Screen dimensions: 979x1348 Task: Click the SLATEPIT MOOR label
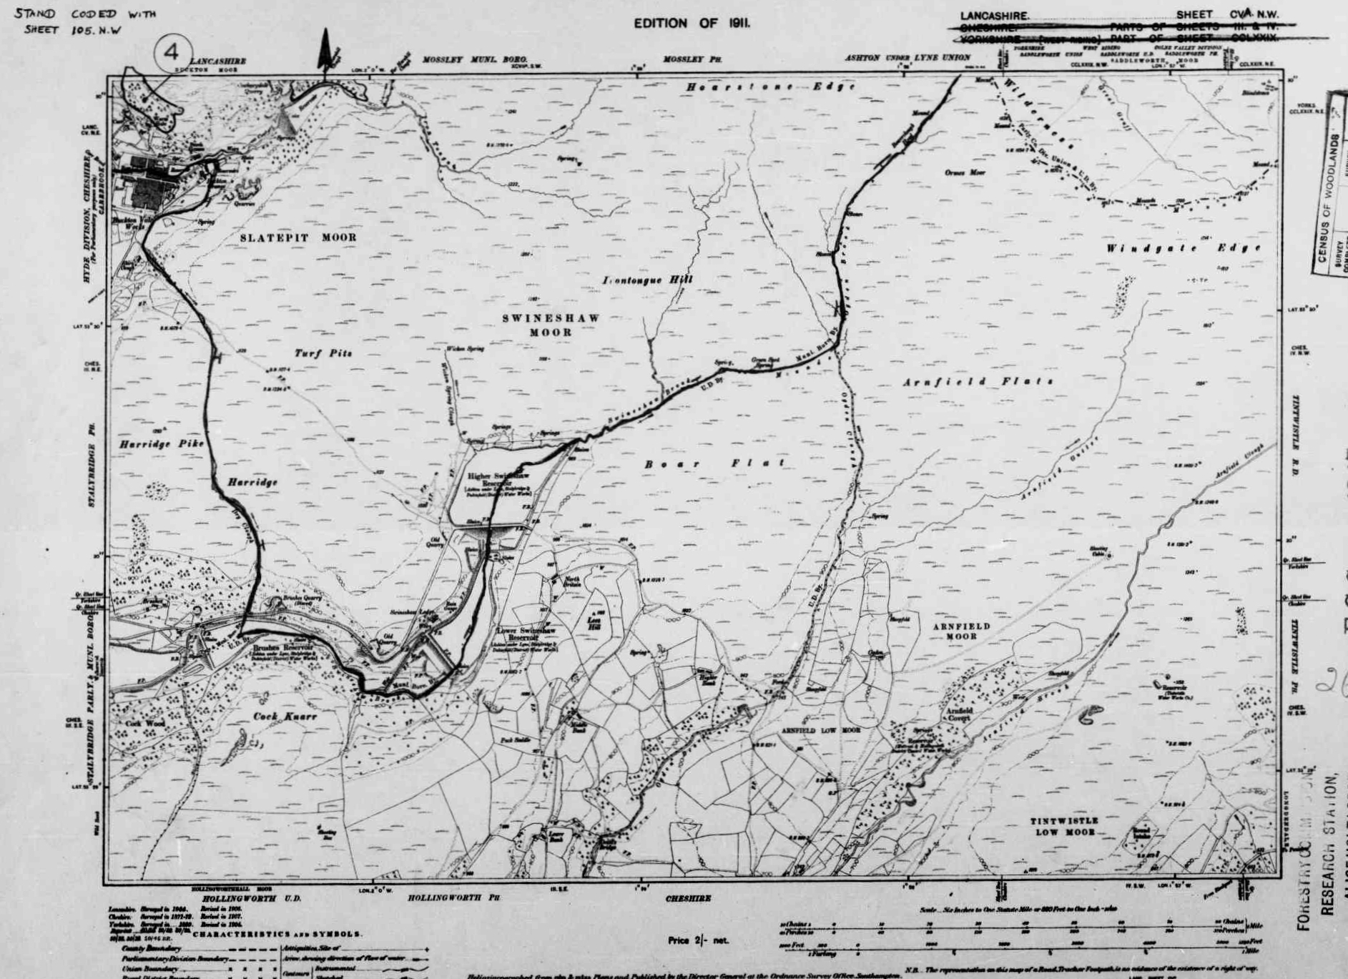point(297,237)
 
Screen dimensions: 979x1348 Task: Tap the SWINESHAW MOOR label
point(550,325)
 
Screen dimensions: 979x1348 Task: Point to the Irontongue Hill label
point(647,280)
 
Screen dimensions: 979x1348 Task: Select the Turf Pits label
point(323,353)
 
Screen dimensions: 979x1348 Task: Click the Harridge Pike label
point(162,444)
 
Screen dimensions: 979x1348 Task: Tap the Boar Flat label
point(715,464)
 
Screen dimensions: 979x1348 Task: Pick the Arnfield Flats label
point(978,382)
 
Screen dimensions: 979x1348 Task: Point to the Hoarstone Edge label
point(771,87)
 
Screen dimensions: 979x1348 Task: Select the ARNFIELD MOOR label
point(961,631)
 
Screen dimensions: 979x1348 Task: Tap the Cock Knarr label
point(285,716)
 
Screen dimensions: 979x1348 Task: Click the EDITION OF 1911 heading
point(692,23)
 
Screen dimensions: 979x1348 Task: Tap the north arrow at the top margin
point(325,50)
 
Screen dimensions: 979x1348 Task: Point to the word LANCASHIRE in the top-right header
point(995,16)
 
